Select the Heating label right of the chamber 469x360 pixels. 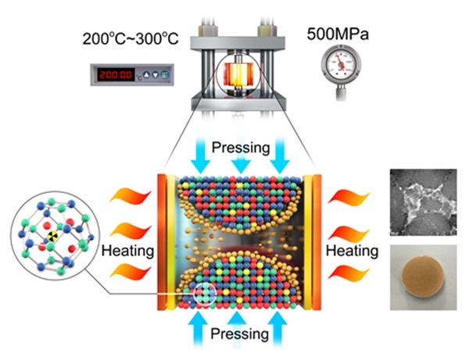click(352, 251)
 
